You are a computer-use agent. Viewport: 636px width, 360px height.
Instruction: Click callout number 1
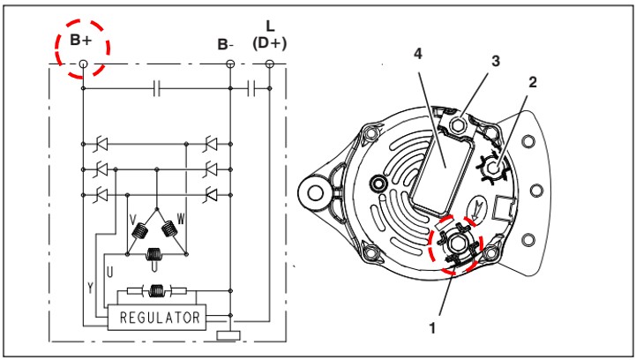(x=433, y=326)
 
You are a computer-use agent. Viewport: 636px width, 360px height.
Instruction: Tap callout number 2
(x=532, y=82)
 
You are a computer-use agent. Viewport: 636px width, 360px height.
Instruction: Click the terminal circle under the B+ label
(x=83, y=64)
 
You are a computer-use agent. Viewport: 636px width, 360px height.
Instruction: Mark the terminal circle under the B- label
(x=230, y=64)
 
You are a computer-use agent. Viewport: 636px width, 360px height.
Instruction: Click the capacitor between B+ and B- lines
(x=156, y=88)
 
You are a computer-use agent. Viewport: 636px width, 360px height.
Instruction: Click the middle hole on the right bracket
(x=532, y=189)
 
